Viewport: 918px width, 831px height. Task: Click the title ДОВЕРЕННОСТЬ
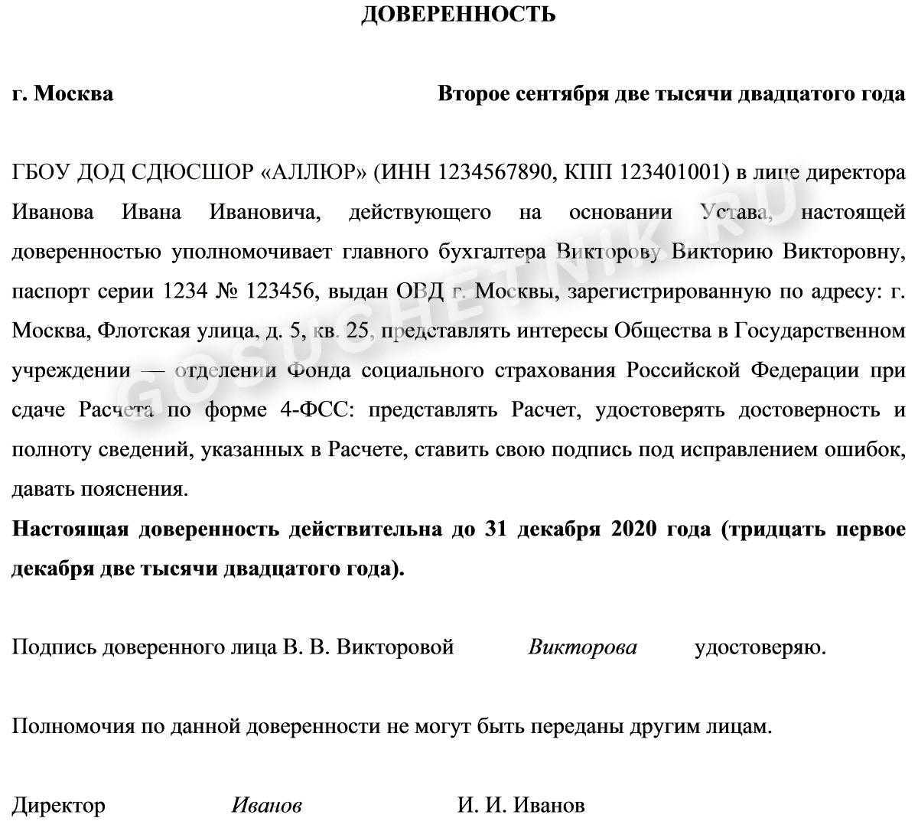(458, 14)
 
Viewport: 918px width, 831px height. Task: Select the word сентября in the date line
(562, 94)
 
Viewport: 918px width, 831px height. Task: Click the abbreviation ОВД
(418, 292)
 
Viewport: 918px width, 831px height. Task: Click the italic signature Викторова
(582, 647)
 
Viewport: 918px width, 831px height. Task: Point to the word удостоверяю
(760, 647)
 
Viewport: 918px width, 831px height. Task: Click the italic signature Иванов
(266, 805)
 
